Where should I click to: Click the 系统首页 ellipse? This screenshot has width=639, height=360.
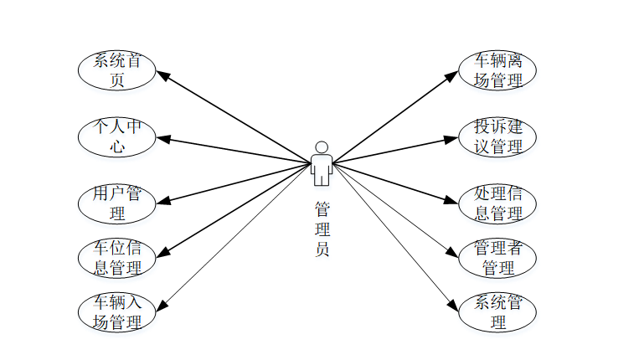click(x=117, y=70)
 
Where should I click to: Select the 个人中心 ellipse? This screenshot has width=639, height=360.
click(x=117, y=136)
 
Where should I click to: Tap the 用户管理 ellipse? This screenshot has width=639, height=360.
click(x=117, y=203)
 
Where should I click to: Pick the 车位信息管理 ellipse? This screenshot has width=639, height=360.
click(x=117, y=258)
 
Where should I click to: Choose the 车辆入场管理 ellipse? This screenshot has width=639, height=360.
click(x=117, y=311)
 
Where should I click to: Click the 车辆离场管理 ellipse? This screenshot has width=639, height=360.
click(x=498, y=70)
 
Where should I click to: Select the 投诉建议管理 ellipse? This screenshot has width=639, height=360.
click(x=498, y=136)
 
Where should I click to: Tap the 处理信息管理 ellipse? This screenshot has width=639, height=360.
click(x=498, y=203)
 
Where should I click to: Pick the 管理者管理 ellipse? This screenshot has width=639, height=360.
click(x=498, y=258)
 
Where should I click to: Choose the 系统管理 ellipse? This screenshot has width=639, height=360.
click(x=498, y=311)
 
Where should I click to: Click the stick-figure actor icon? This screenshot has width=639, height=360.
click(x=321, y=163)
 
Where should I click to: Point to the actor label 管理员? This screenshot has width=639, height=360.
click(x=322, y=228)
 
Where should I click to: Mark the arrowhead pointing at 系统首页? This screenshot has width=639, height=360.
click(x=164, y=76)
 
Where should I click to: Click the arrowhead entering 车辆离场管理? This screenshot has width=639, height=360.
click(x=453, y=76)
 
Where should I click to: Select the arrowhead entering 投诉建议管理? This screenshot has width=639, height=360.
click(x=452, y=139)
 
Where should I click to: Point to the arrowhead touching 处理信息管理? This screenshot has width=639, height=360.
click(x=452, y=201)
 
